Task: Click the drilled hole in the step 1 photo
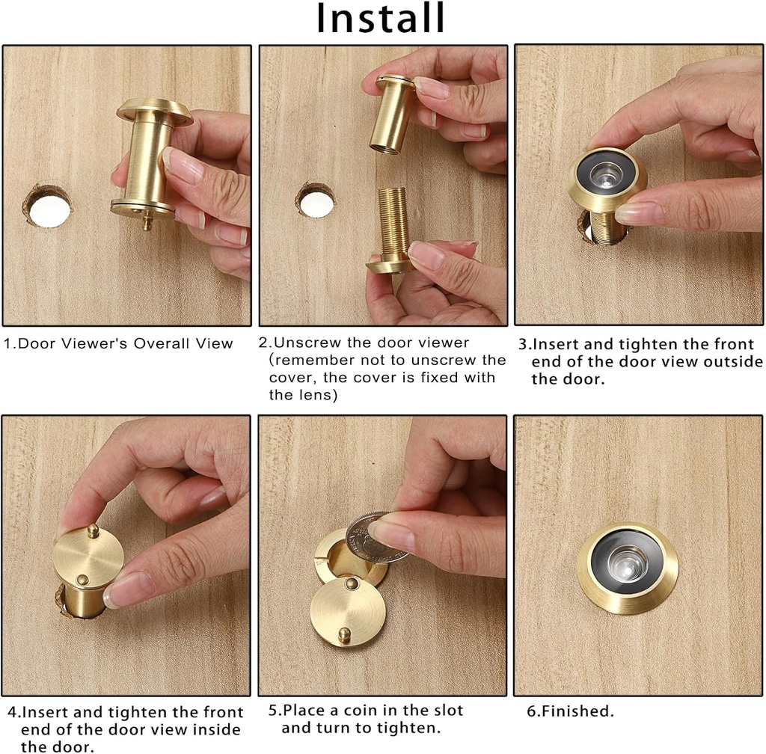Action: tap(47, 205)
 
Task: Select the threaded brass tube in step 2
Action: tap(394, 224)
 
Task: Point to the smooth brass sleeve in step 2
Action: tap(392, 112)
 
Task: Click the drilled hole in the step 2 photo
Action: tap(316, 200)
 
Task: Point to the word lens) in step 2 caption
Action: tap(314, 395)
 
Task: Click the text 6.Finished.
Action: tap(570, 711)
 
